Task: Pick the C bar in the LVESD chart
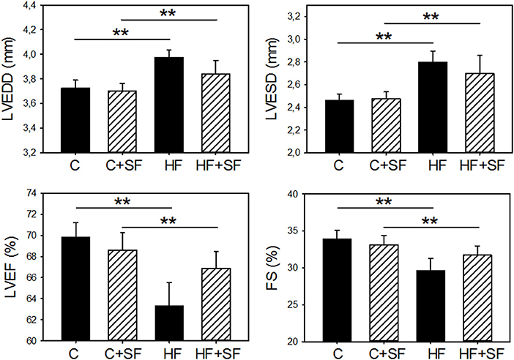pyautogui.click(x=339, y=126)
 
